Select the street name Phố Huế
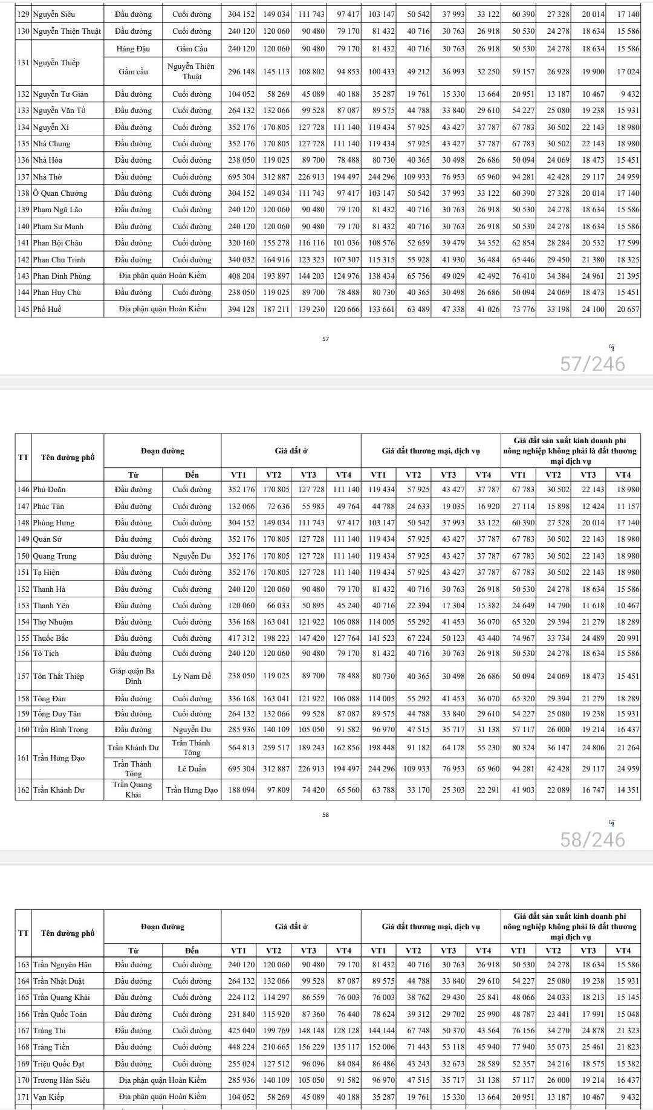(x=47, y=309)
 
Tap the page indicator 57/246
(x=593, y=364)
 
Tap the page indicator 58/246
(x=593, y=840)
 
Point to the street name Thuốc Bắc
(x=50, y=638)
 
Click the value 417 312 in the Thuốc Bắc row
(x=241, y=638)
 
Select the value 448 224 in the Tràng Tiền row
(x=241, y=1047)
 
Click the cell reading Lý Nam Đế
(x=192, y=677)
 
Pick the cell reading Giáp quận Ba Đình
(x=133, y=677)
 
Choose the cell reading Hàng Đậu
(x=133, y=49)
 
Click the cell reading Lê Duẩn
(x=192, y=769)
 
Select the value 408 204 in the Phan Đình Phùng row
(x=241, y=276)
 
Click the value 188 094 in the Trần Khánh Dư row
(x=241, y=790)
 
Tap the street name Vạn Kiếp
(x=48, y=1097)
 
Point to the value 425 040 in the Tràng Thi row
(x=241, y=1031)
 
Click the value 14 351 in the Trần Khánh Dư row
(x=628, y=790)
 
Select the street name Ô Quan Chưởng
(x=60, y=193)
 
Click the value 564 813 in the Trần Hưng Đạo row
(x=241, y=748)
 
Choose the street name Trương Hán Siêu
(x=61, y=1080)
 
